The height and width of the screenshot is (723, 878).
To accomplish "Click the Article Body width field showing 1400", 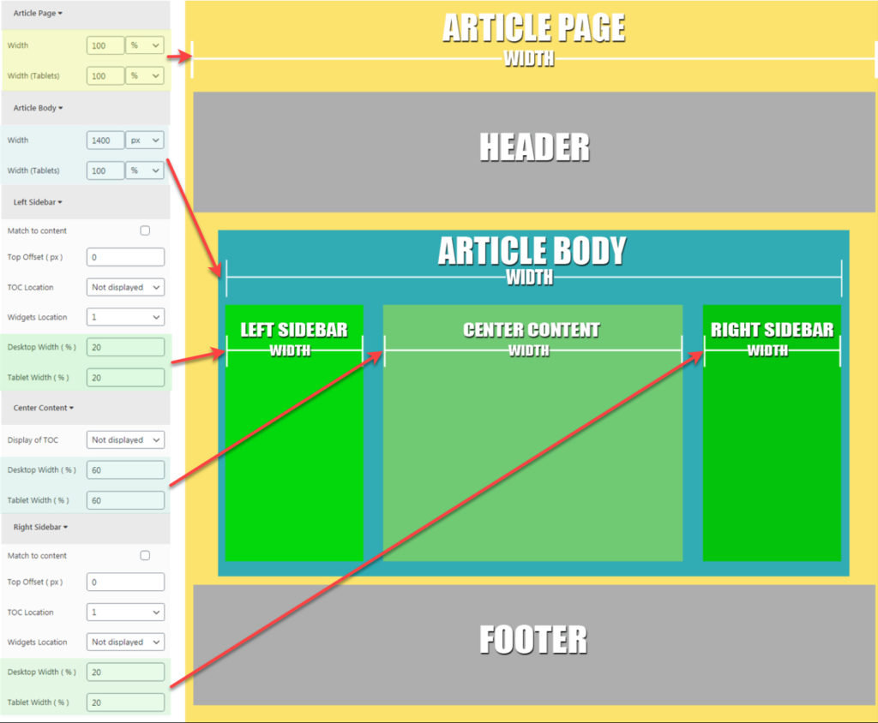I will point(105,140).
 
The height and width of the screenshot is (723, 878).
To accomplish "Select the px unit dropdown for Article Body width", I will point(144,140).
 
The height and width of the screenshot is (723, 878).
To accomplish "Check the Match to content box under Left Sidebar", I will point(145,230).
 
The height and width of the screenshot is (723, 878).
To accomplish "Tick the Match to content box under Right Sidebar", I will point(145,555).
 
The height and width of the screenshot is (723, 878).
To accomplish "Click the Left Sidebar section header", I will point(39,202).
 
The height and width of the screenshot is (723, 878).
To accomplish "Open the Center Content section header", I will point(44,408).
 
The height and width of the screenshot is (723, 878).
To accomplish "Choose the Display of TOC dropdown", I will point(125,439).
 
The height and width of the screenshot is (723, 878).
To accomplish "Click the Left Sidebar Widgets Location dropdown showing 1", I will point(125,317).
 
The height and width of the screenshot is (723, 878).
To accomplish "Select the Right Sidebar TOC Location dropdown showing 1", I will point(125,612).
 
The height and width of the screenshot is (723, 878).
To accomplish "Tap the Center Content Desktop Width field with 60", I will point(125,469).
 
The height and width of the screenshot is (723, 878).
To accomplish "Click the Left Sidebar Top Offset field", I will point(125,257).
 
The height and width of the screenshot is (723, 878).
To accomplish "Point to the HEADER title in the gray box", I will point(534,147).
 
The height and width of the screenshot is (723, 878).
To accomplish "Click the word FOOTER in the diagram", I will point(533,640).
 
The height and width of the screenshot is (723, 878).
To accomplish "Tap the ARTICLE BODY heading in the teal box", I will point(532,251).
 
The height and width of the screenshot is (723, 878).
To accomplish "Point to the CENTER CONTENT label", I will point(532,330).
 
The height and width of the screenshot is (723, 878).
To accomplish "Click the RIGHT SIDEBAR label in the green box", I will point(772,330).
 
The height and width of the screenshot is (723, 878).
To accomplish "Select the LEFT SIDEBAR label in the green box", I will point(293,330).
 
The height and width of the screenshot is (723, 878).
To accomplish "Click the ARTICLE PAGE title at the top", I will point(533,28).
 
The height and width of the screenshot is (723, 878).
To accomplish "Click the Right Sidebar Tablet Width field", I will point(125,702).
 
